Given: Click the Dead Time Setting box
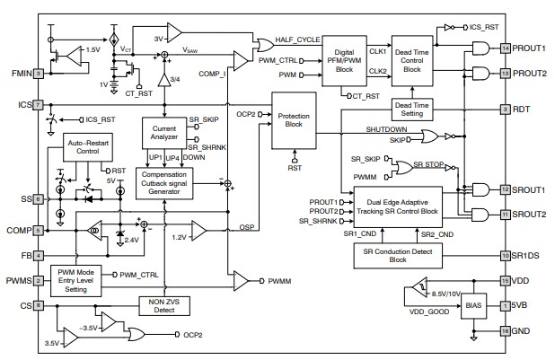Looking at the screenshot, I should pos(412,110).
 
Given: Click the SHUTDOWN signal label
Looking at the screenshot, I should pos(385,129).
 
